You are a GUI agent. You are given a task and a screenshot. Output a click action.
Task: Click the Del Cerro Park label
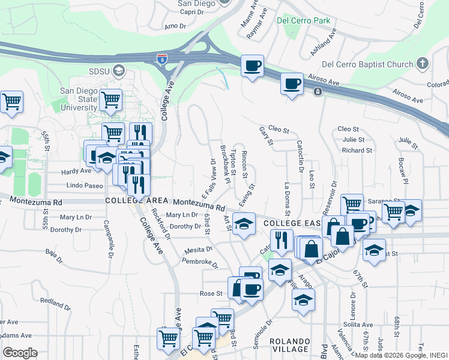(303, 20)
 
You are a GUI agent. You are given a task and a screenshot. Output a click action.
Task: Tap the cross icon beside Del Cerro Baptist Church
(423, 64)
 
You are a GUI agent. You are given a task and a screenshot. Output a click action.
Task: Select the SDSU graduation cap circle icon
(119, 71)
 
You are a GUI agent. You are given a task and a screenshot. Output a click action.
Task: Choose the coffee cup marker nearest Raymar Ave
(252, 65)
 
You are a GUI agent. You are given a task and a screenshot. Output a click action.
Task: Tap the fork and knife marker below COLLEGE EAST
(280, 241)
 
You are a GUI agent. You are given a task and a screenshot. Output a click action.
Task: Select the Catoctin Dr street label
(299, 152)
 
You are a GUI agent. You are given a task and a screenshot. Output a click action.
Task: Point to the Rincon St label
(244, 164)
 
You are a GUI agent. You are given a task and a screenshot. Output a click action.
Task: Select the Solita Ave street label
(358, 324)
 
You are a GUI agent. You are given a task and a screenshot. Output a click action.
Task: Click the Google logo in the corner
(20, 353)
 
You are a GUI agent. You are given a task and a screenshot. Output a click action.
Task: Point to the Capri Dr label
(191, 11)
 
